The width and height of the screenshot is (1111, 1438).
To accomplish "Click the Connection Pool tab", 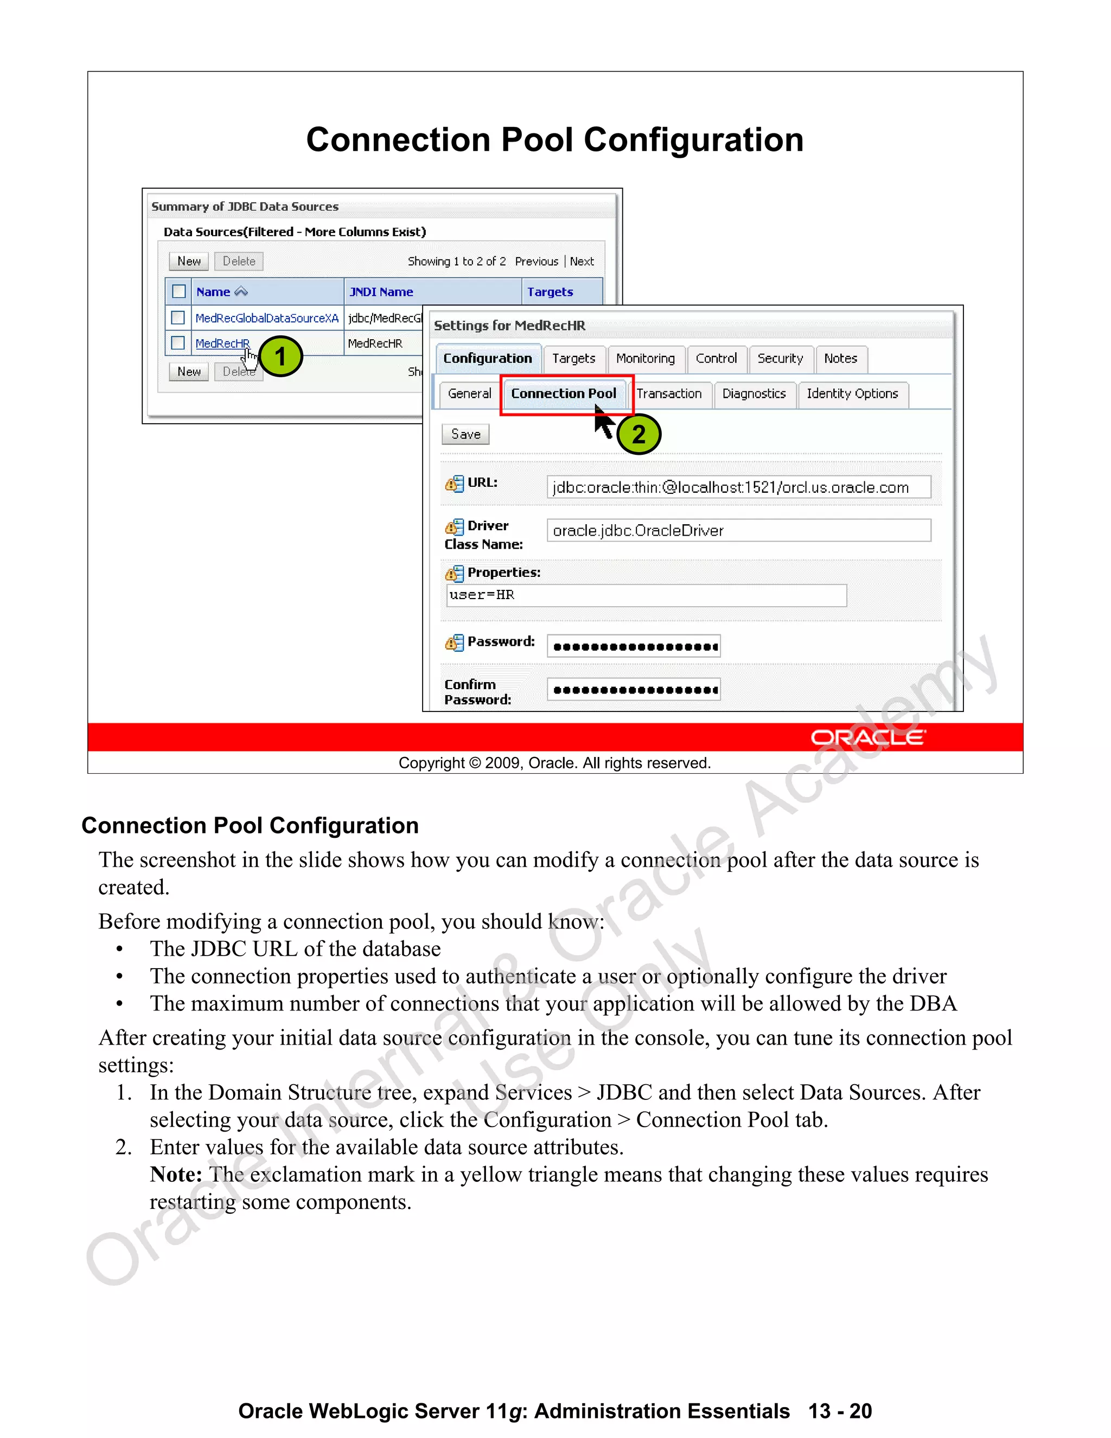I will [564, 394].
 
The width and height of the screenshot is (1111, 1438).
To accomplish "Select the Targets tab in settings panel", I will [573, 359].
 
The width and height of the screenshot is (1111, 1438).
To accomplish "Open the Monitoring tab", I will [645, 359].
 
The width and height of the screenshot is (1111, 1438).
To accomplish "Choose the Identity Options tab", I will [852, 394].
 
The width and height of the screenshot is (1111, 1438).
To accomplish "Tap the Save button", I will [465, 435].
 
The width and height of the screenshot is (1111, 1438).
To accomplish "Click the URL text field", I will [738, 487].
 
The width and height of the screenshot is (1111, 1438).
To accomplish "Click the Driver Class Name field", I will [738, 531].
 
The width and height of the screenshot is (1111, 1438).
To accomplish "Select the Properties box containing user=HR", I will [646, 595].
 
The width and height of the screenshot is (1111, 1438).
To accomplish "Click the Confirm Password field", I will [633, 690].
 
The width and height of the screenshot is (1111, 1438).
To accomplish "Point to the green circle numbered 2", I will [638, 435].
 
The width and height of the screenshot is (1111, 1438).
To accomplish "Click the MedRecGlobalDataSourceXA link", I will [266, 319].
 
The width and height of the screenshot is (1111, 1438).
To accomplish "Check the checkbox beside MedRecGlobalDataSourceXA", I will [178, 318].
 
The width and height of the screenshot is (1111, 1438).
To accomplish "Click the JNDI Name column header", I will [381, 292].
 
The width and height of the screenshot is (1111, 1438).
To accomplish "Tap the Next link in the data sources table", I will [582, 262].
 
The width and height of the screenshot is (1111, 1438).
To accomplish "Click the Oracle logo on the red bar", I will [867, 737].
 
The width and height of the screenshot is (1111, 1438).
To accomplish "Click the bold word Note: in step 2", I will [176, 1175].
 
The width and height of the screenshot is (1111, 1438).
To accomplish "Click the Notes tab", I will [840, 359].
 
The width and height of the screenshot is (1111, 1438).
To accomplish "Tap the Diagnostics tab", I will [754, 394].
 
